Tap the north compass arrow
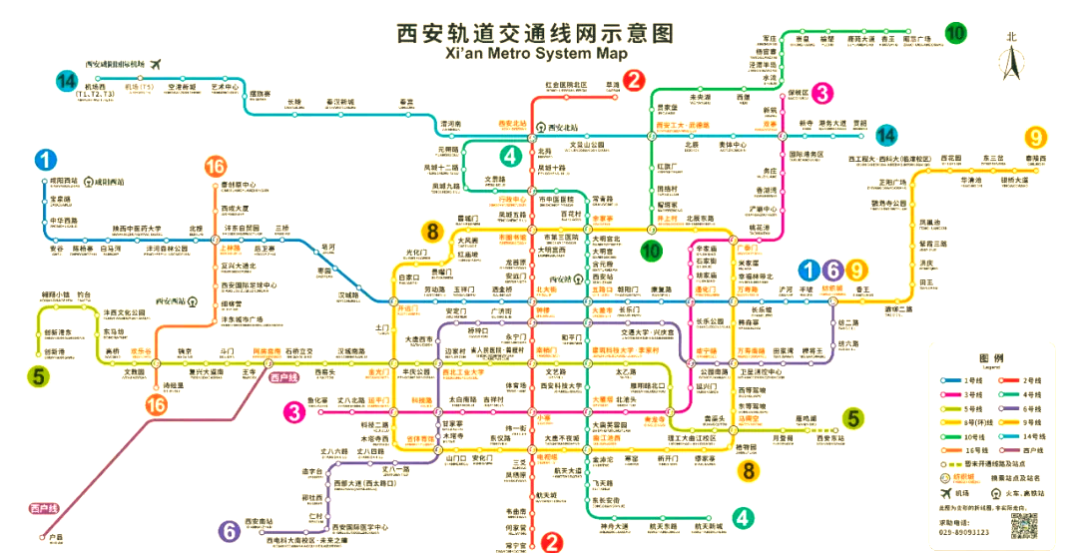click(1011, 62)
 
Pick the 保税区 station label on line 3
click(798, 93)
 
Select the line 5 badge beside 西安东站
click(851, 418)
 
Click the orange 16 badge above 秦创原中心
click(215, 167)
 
